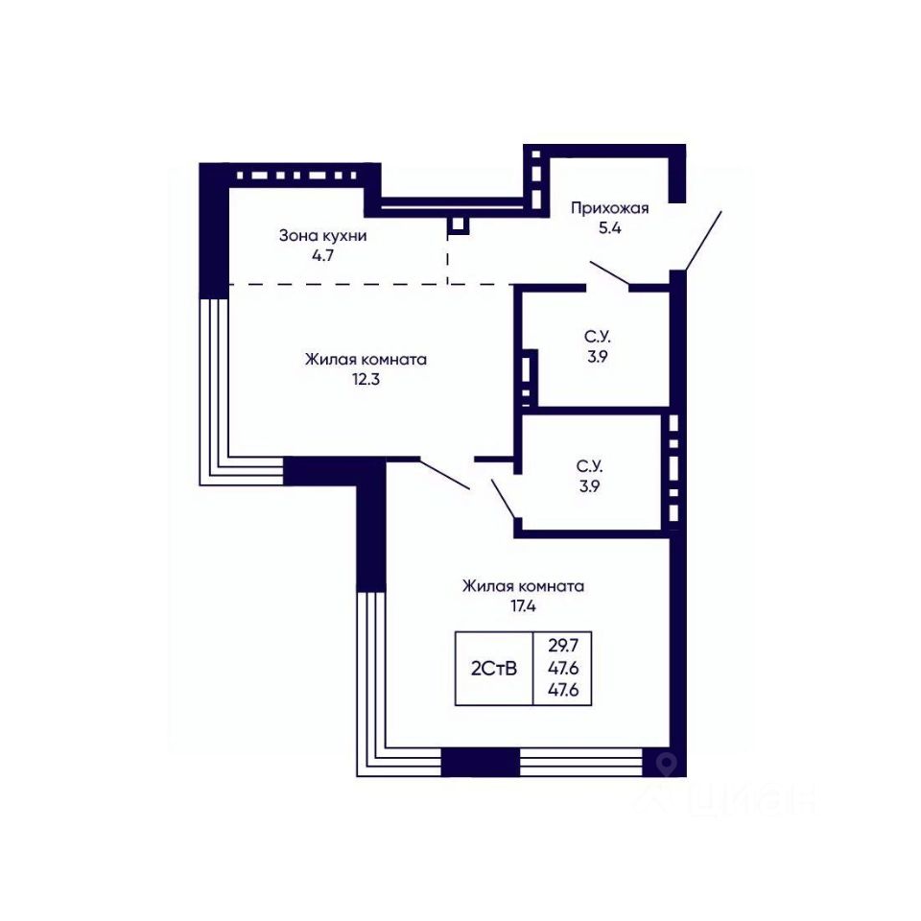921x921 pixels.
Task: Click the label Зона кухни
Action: pyautogui.click(x=322, y=236)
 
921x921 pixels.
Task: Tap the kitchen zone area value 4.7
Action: pyautogui.click(x=323, y=255)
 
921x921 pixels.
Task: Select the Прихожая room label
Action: pyautogui.click(x=610, y=208)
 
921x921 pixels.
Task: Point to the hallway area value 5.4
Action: pyautogui.click(x=610, y=228)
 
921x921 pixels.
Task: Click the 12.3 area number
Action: pyautogui.click(x=366, y=379)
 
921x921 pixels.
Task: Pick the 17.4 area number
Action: pyautogui.click(x=523, y=605)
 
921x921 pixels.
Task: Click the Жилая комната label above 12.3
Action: pyautogui.click(x=366, y=359)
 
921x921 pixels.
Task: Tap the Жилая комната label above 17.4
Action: pyautogui.click(x=523, y=585)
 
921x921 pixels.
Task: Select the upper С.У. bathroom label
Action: pyautogui.click(x=598, y=337)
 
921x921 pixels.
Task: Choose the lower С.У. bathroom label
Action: pyautogui.click(x=589, y=466)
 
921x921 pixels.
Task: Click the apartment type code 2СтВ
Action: pyautogui.click(x=494, y=668)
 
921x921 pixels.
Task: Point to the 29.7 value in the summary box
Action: pyautogui.click(x=563, y=646)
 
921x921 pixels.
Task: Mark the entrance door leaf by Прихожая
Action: pyautogui.click(x=703, y=241)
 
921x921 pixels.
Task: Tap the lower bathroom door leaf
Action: pyautogui.click(x=504, y=499)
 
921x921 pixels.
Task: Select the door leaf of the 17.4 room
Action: pyautogui.click(x=444, y=475)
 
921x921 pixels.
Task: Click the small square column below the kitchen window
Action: pyautogui.click(x=458, y=226)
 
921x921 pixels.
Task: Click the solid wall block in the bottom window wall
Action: pyautogui.click(x=480, y=763)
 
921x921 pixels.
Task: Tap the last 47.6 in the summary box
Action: pyautogui.click(x=563, y=690)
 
